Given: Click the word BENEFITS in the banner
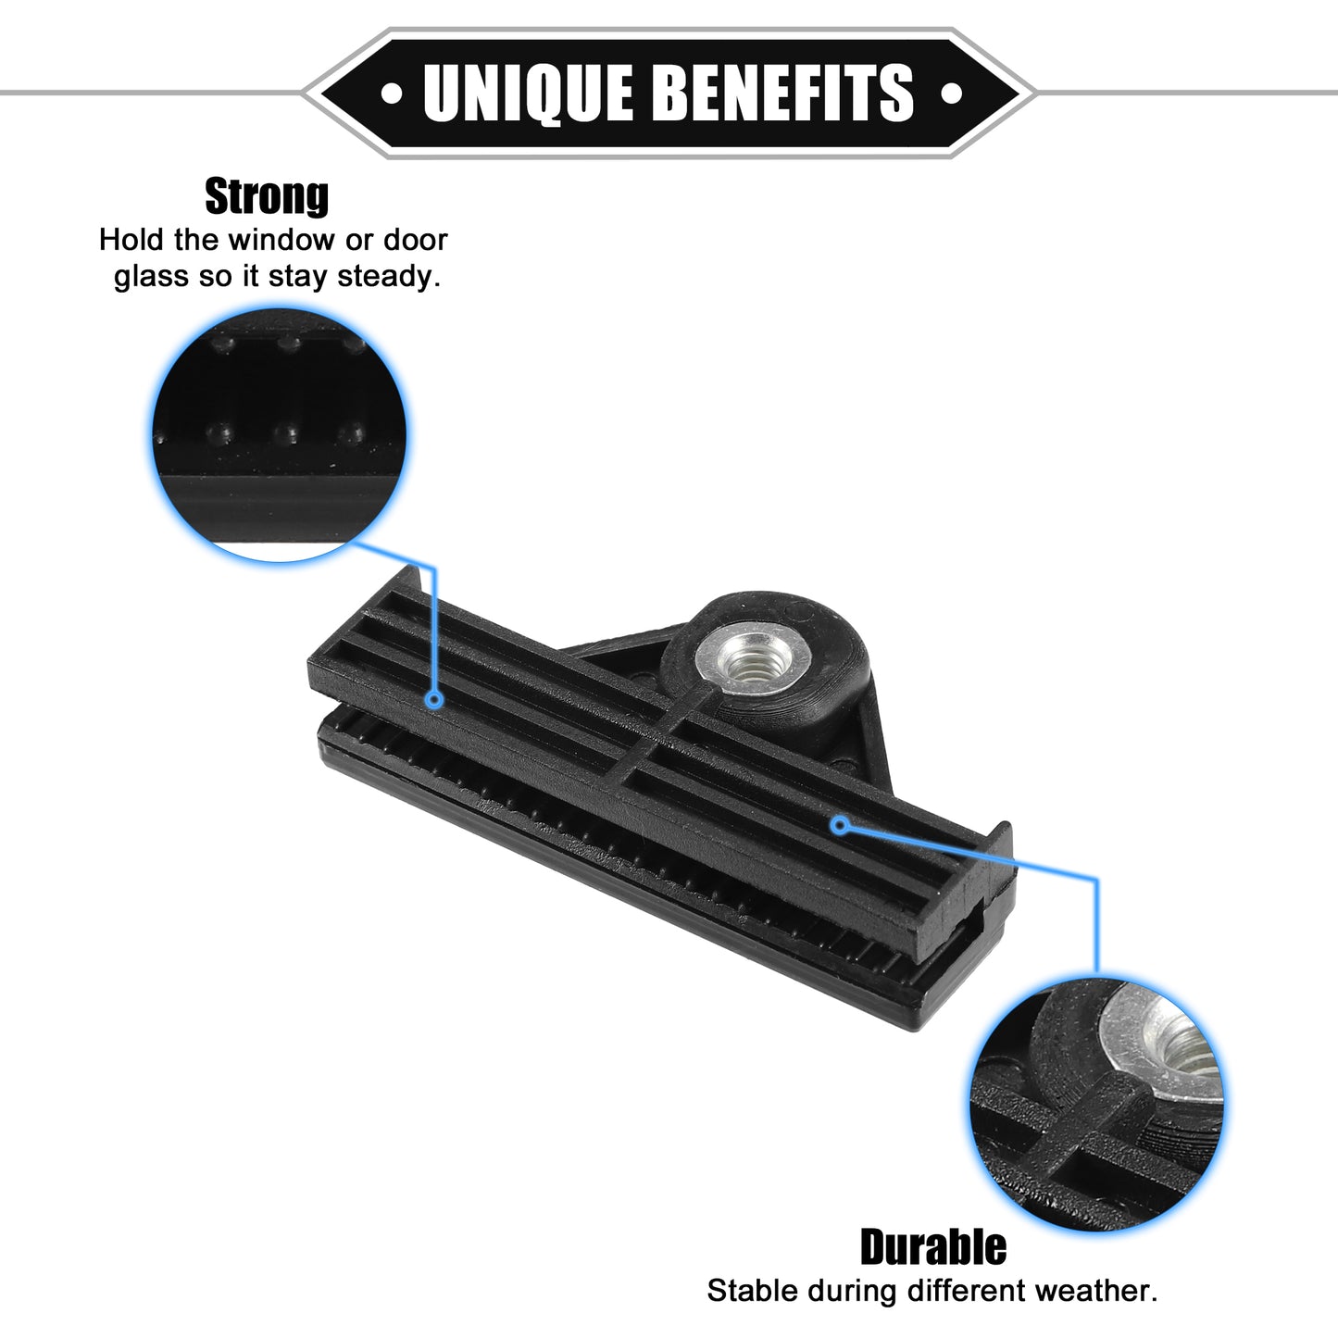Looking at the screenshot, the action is coord(785,93).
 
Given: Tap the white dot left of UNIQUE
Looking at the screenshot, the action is coord(392,93).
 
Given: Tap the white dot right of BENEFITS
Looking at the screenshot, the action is coord(951,93).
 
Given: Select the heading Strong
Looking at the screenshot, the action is coord(267,197).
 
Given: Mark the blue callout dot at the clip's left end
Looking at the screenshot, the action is coord(434,700).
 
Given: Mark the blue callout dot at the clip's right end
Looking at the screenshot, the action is coord(841,826).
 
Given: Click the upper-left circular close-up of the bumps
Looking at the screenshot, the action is coord(279,435).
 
